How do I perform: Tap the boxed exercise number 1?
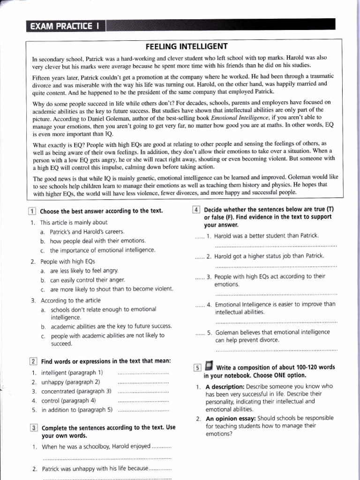click(33, 211)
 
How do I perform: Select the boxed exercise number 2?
click(33, 361)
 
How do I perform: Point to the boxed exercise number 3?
click(33, 427)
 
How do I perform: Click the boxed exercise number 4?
click(197, 210)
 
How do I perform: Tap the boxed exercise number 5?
click(197, 367)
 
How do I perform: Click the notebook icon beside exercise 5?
click(209, 366)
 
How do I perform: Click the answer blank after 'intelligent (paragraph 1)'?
click(143, 373)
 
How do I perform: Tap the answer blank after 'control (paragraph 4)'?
click(143, 401)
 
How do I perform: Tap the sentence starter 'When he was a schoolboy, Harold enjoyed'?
click(96, 446)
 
